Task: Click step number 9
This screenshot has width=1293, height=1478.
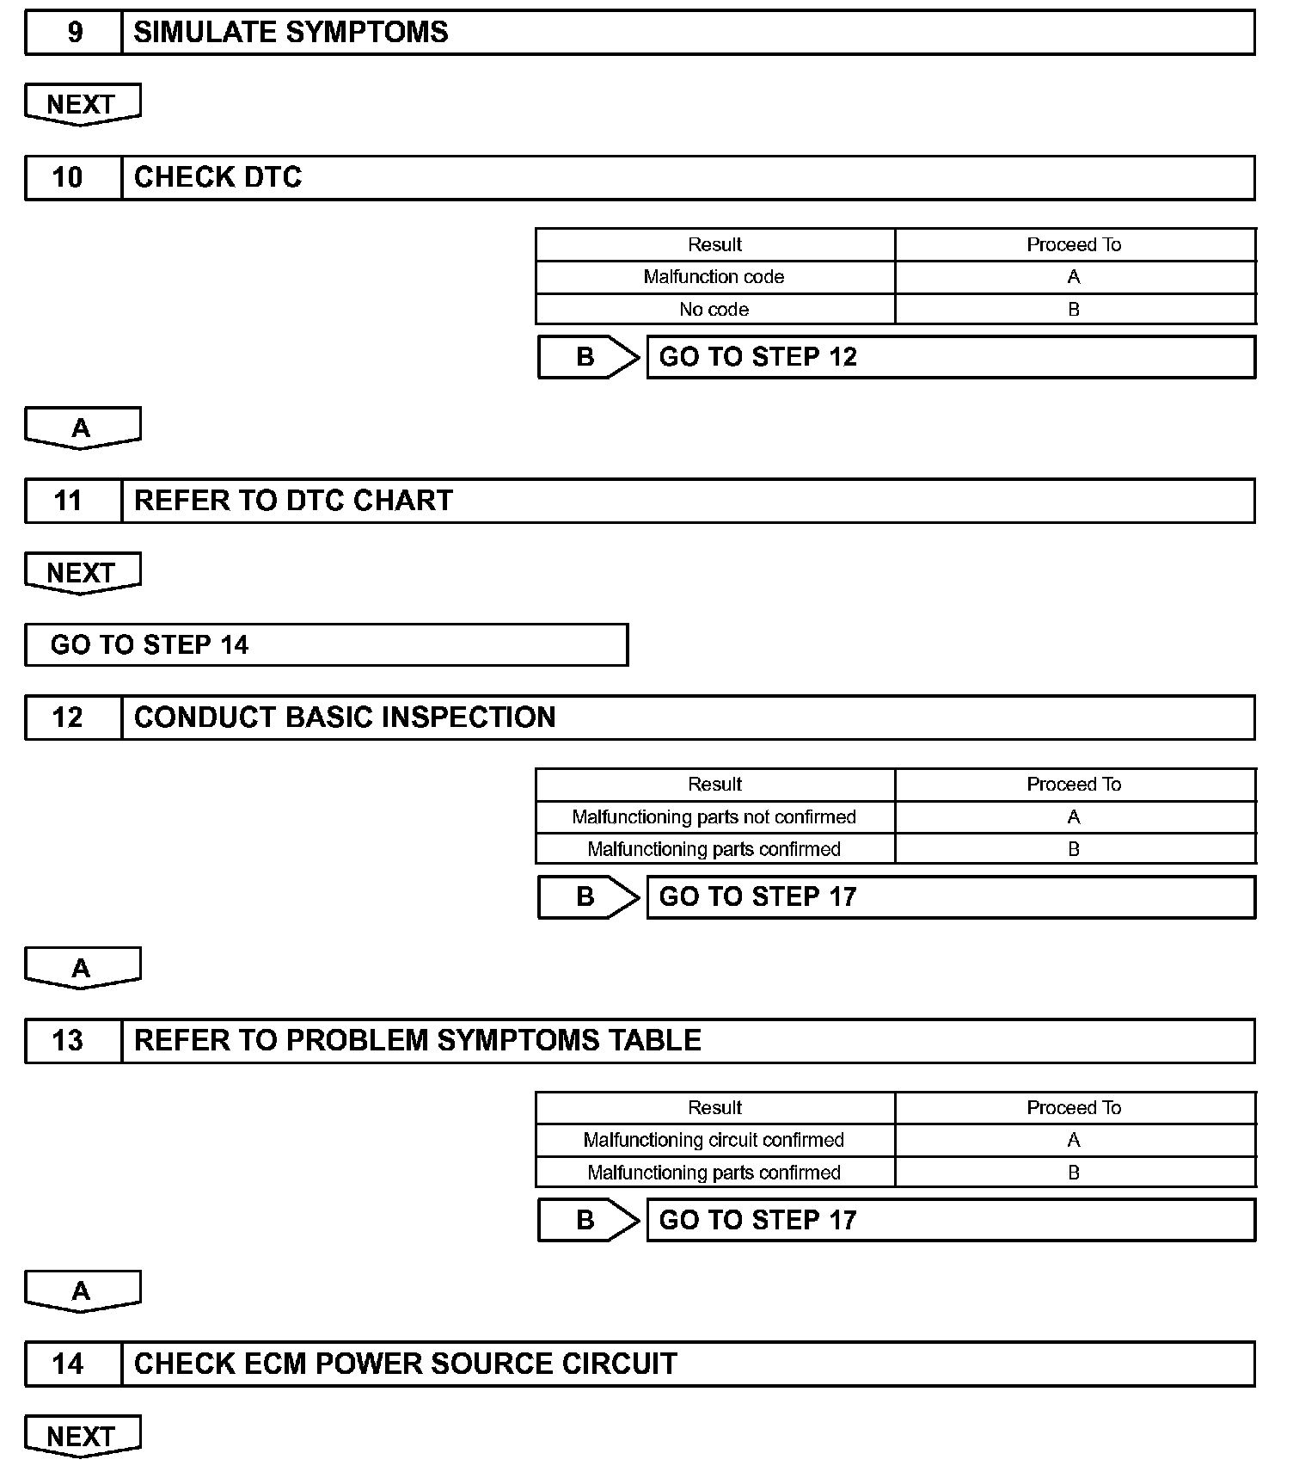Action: (75, 33)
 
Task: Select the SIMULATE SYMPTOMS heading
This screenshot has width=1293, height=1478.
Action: (291, 33)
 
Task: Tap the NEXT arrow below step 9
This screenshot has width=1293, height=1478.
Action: (82, 104)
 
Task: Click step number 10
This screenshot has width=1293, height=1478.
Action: (68, 177)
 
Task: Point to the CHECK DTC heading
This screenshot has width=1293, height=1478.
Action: (218, 177)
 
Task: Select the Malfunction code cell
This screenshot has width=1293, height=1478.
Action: (714, 277)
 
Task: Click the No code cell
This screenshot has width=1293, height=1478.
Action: (714, 310)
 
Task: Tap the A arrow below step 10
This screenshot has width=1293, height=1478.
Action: (82, 428)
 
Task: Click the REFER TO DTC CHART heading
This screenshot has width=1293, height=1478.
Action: (293, 501)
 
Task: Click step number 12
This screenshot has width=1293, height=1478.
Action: (68, 717)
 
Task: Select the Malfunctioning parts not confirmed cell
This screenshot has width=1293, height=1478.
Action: (714, 817)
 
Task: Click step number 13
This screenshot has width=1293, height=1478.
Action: (68, 1041)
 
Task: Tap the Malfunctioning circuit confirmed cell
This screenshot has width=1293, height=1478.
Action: (714, 1141)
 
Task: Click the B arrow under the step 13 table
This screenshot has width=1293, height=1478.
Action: (588, 1220)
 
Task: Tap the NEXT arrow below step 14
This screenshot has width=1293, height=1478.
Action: (82, 1437)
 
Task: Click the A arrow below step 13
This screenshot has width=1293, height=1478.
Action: (82, 1291)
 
